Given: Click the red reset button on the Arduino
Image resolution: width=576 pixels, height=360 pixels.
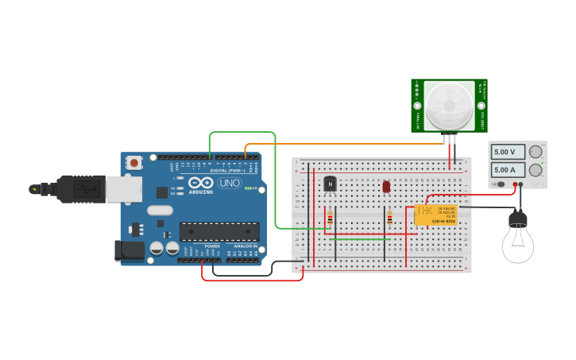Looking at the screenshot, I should pos(134,163).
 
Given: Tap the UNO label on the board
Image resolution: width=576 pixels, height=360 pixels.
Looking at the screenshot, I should pos(230,184).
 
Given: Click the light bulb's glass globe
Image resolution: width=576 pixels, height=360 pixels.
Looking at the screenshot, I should pos(517,244).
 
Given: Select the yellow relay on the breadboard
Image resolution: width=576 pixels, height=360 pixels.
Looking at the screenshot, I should pos(435,215).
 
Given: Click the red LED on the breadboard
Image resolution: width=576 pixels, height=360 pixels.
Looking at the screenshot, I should pos(386,187).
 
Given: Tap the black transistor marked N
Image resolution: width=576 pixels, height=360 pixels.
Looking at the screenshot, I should pos(330,184).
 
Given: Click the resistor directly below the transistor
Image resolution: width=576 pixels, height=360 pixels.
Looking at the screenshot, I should pos(330,218).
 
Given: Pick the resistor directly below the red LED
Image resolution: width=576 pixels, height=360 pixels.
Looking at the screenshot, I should pos(389,218).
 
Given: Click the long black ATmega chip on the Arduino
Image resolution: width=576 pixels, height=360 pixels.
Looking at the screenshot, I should pos(218,231).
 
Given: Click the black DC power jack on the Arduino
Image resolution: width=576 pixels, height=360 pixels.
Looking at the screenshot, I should pos(129,250).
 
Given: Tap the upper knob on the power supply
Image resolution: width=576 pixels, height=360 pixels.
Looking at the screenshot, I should pos(536,152).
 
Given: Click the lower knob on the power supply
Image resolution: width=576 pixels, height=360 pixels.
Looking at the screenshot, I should pos(536,169).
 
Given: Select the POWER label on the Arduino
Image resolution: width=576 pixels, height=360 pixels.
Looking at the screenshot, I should pos(212,246).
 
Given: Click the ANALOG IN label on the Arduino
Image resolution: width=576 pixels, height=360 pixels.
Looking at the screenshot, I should pos(244,246).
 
